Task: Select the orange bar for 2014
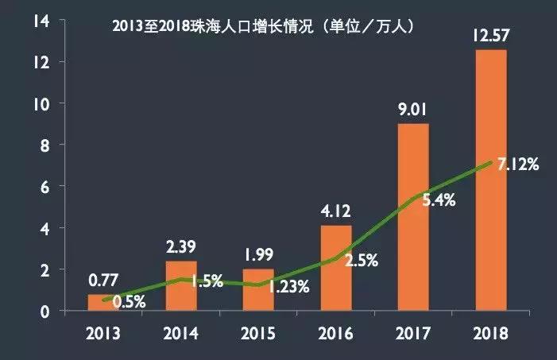(181, 286)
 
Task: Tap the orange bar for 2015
(257, 290)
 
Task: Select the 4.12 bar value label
(335, 212)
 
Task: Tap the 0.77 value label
(103, 281)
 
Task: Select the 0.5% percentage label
(128, 302)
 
